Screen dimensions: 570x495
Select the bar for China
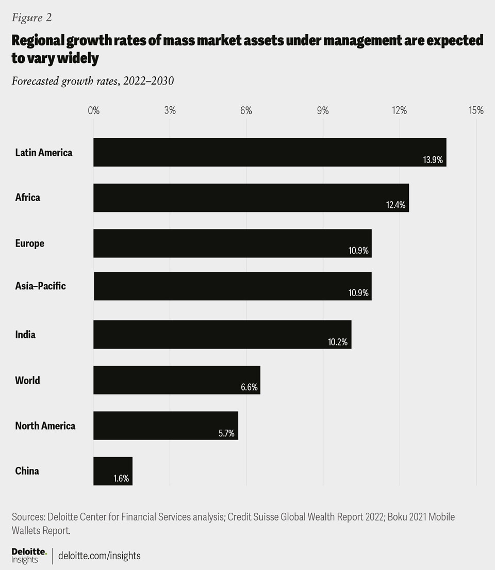pos(112,470)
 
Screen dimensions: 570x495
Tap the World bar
pos(176,380)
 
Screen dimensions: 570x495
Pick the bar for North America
pos(165,425)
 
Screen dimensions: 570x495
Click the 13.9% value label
pos(433,160)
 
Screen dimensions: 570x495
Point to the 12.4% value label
pos(395,205)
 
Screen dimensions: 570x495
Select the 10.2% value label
pos(338,342)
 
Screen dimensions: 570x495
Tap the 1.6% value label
pos(122,479)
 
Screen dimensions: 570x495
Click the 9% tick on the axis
pos(323,110)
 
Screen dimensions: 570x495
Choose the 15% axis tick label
pos(476,110)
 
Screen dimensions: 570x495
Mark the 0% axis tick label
pos(93,110)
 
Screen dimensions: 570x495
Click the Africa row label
pos(27,198)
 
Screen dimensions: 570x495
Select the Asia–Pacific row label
pos(40,286)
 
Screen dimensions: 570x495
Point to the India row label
pos(25,334)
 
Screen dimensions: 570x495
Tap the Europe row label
pos(29,243)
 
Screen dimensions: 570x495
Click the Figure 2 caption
pos(31,17)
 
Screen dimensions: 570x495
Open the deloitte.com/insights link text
pos(99,556)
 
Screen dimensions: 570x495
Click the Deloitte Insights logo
pos(29,556)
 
